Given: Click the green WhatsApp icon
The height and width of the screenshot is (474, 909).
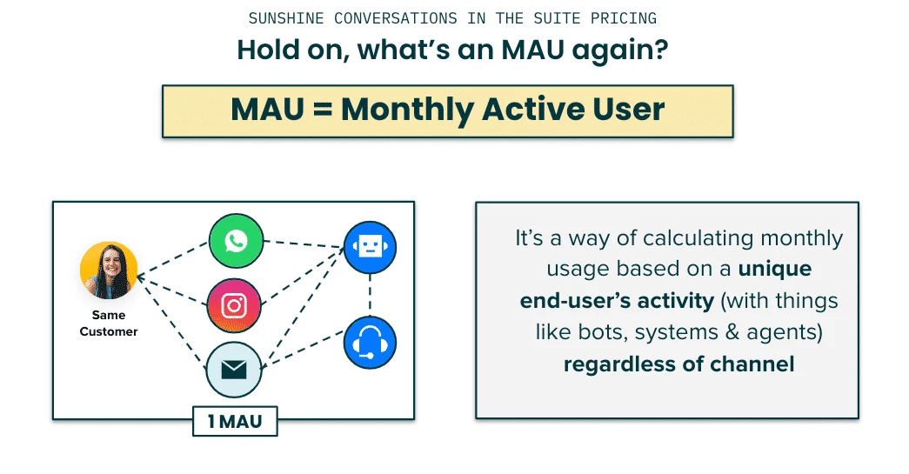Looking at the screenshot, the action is tap(236, 241).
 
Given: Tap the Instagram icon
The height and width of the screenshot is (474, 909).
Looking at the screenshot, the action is tap(234, 305).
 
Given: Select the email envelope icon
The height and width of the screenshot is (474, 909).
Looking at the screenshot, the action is tap(234, 370).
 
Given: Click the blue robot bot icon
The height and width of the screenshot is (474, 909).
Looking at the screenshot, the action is tap(370, 247).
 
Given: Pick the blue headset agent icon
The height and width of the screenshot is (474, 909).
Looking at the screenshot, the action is tap(370, 343).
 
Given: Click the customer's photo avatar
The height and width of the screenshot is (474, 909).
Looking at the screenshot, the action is tap(109, 270).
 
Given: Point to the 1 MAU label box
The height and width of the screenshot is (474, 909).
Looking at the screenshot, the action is tap(235, 421).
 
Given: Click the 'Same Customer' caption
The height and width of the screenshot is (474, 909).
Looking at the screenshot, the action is tap(109, 324).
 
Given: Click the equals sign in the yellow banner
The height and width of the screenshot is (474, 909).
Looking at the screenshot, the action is tap(323, 109).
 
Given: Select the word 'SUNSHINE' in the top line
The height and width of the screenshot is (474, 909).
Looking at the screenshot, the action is tap(286, 18).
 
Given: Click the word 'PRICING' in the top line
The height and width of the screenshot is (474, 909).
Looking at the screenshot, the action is tap(624, 18).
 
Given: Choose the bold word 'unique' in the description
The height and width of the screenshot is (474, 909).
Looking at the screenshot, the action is tap(774, 270).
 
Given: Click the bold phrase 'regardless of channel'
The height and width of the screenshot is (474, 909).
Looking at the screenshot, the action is tap(678, 364).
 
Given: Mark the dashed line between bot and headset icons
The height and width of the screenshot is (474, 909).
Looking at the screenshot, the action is tap(370, 295).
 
